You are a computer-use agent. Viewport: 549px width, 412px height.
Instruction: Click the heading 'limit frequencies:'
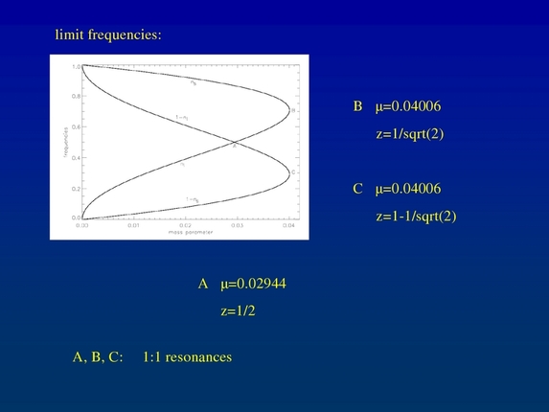(x=108, y=35)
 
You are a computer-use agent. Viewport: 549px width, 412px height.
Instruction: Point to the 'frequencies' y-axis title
(x=62, y=143)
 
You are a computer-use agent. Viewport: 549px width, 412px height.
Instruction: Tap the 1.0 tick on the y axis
(x=76, y=67)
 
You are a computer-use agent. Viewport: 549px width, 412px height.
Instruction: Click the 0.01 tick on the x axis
(x=132, y=225)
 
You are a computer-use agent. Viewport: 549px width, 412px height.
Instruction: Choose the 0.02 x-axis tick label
(x=184, y=225)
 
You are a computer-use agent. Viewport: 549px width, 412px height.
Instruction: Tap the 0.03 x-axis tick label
(x=236, y=225)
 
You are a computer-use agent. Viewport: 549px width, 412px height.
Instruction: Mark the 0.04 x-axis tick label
(x=287, y=225)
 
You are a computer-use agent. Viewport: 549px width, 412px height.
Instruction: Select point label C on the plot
(x=292, y=172)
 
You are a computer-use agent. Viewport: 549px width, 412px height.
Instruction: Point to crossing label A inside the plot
(x=235, y=148)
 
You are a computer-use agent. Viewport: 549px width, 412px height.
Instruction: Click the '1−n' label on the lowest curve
(x=192, y=199)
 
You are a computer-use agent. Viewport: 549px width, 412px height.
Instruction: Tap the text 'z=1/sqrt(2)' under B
(x=410, y=134)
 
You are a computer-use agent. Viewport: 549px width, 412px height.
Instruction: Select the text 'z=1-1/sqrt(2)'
(x=416, y=216)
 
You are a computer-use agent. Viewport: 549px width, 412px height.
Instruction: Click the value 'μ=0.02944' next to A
(x=253, y=285)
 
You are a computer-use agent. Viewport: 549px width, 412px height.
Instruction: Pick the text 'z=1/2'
(x=239, y=310)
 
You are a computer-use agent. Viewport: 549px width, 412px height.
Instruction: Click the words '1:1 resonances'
(x=187, y=357)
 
